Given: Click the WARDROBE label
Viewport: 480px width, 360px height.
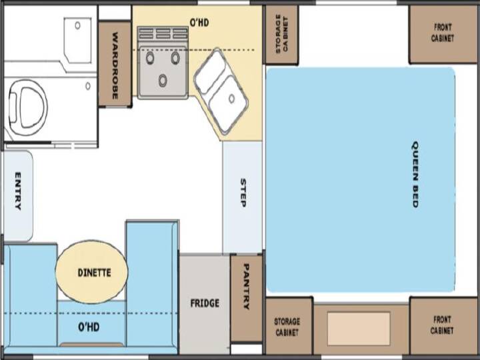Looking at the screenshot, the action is (115, 65).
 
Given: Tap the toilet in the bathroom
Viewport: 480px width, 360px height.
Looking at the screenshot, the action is (27, 107).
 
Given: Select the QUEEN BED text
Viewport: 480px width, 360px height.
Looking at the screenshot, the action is (415, 174).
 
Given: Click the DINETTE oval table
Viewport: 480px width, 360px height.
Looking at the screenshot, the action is (91, 272).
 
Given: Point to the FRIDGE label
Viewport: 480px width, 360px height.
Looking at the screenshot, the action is (205, 303).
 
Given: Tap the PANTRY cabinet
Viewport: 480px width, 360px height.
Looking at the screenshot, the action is (247, 299).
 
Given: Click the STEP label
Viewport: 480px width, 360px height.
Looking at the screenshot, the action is (243, 193).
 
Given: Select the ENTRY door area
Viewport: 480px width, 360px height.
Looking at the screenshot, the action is (17, 196).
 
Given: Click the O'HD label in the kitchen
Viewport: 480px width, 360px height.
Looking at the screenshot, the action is (199, 23).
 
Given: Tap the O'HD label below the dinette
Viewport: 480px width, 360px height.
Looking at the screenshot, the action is (89, 327).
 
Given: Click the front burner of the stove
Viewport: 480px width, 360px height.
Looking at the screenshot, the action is (163, 80).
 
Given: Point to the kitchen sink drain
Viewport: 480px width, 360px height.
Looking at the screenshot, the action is (232, 99).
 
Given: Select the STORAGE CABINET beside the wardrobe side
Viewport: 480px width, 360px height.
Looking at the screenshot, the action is (281, 34).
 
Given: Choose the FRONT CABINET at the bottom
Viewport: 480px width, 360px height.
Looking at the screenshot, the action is (443, 325).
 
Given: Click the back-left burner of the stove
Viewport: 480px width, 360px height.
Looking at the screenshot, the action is (150, 58).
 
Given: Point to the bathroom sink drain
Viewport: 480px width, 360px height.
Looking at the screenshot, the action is (77, 25).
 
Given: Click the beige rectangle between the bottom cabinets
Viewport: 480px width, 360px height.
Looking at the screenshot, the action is (359, 329).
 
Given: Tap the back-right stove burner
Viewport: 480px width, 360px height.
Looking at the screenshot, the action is (175, 58).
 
